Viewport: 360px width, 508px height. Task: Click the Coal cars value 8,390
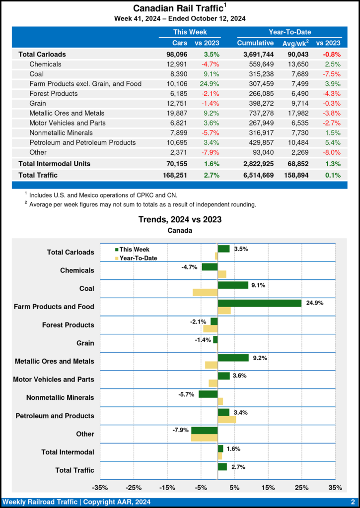pos(177,74)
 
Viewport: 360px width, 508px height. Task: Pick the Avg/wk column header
pos(295,43)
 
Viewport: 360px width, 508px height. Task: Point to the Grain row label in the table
pos(38,103)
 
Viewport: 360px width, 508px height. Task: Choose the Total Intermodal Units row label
pos(55,163)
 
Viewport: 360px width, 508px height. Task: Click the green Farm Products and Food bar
pos(259,303)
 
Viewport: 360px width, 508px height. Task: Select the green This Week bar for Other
pos(205,430)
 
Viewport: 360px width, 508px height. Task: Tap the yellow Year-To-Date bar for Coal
pos(205,292)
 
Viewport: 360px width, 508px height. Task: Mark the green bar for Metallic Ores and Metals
pos(233,358)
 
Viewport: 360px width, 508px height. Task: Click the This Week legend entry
pos(132,250)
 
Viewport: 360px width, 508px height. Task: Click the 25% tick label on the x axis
pos(301,487)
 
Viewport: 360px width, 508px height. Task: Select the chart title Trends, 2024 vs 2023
pos(180,219)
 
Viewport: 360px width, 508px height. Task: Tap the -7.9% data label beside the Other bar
pos(179,430)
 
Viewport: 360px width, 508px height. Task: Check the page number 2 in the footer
pos(352,502)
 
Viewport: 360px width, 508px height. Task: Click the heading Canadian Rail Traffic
pos(177,8)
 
